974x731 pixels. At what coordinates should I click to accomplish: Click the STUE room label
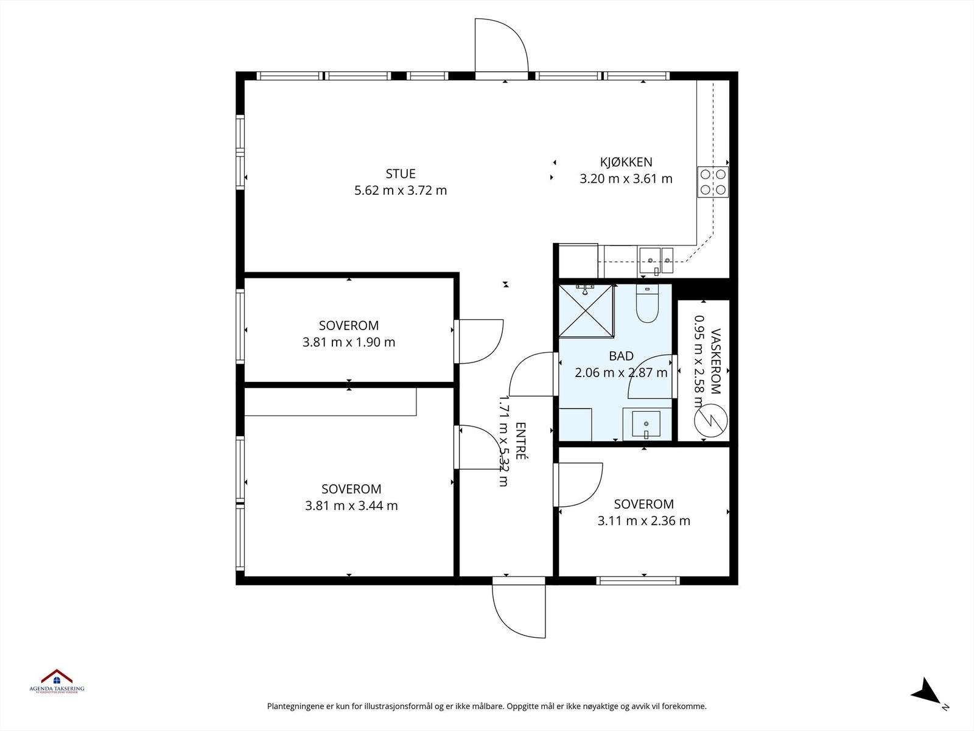click(400, 174)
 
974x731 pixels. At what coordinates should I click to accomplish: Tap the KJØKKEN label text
click(626, 162)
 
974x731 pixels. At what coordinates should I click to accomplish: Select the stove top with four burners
click(713, 182)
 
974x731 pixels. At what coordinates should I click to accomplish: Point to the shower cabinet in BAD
click(586, 309)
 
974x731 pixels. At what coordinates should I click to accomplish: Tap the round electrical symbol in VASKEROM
click(710, 420)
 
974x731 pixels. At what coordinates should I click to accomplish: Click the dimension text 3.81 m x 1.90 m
click(349, 342)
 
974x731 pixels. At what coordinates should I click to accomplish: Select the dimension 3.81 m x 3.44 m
click(351, 506)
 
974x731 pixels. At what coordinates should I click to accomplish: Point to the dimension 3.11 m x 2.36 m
click(644, 521)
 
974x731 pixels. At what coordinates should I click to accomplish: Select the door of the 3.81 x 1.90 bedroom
click(479, 341)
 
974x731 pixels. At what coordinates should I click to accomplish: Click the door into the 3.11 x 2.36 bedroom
click(578, 484)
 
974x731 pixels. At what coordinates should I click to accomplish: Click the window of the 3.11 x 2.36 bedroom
click(638, 581)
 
